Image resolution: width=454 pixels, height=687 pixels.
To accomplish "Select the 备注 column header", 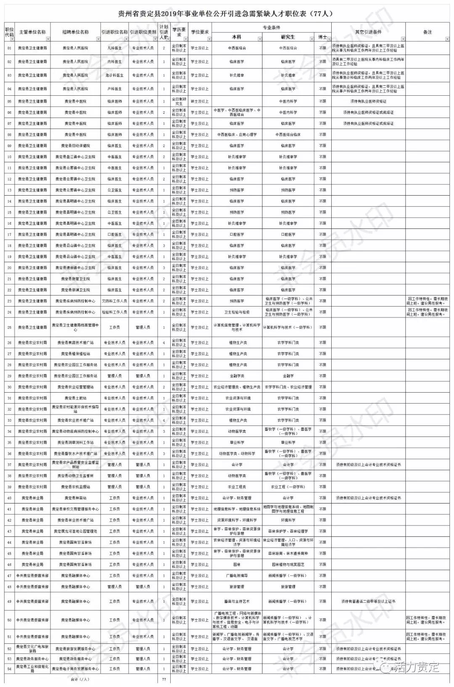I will coord(427,32).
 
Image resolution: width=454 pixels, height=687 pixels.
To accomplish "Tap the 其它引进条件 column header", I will coord(368,32).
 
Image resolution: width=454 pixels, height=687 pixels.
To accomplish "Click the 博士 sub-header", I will coord(322,37).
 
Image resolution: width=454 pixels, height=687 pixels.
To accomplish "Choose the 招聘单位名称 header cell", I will coord(76,32).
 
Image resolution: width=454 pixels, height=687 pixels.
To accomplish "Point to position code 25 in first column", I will coord(9,328).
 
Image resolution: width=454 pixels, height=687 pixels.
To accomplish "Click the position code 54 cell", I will coord(9,669).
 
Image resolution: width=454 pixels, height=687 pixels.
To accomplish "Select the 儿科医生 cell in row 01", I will coord(114,48).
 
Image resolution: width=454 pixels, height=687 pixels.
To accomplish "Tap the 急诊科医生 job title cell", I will coord(114,76).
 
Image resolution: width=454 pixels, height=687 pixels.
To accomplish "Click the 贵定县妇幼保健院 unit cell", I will coord(76,146).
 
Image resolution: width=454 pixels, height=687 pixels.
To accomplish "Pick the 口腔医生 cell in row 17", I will coord(114,234).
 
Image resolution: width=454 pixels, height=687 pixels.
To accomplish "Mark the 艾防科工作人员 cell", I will coord(114,301).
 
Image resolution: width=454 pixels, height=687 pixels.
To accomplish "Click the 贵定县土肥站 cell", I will coord(76,398).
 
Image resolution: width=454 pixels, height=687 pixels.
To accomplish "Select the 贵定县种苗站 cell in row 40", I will coord(76,498).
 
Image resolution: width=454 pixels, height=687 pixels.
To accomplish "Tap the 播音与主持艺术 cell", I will coord(237,601).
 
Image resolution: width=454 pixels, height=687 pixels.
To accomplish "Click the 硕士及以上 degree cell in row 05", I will coord(200,101).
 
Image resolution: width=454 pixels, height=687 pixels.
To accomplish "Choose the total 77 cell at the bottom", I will coord(164,679).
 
